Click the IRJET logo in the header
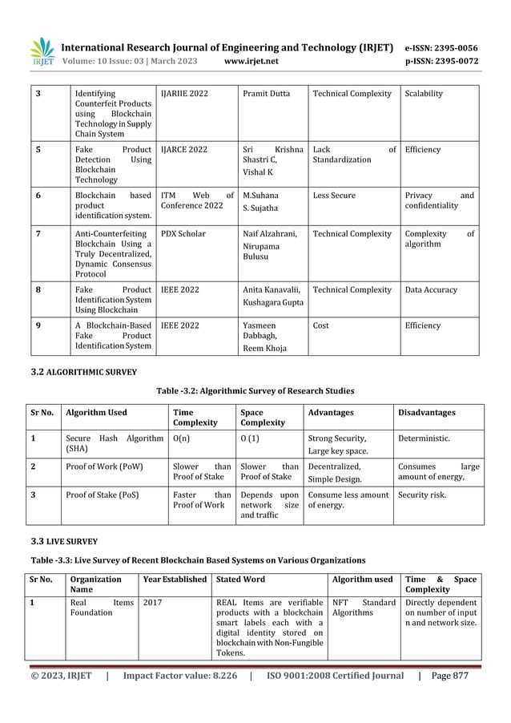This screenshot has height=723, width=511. click(42, 52)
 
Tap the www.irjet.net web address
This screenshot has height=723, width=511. click(251, 60)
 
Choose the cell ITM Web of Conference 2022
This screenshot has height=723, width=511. click(197, 200)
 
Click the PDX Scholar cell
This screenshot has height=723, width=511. click(183, 234)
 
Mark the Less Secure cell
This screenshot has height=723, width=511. click(335, 196)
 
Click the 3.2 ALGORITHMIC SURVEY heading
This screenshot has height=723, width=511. click(84, 372)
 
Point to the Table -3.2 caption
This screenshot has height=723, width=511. click(255, 391)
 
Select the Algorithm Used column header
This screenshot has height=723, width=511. click(96, 413)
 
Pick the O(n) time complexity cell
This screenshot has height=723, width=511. click(181, 438)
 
